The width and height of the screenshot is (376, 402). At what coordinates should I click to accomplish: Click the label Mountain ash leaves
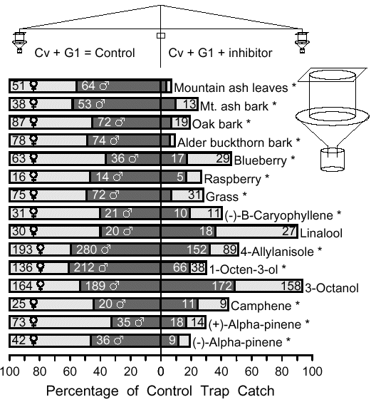pos(231,88)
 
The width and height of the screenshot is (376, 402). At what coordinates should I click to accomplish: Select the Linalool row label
pos(321,233)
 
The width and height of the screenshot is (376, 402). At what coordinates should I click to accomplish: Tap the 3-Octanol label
pos(332,288)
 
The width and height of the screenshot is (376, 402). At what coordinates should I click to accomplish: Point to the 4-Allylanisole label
pos(277,252)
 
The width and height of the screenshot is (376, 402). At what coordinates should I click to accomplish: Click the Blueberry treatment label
pos(260,161)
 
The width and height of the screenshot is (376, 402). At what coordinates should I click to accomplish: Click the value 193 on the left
pos(23,249)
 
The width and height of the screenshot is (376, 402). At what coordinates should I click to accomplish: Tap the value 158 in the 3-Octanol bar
pos(291,286)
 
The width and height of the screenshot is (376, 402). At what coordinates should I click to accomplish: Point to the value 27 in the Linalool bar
pos(289,231)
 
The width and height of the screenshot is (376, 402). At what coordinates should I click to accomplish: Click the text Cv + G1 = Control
pos(85,53)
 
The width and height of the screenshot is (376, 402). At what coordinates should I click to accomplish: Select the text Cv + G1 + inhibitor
pos(220,53)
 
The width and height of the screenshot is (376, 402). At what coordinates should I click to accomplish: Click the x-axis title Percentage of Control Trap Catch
pos(160,391)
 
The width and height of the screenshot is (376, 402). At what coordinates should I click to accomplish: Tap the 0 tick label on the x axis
pos(161,371)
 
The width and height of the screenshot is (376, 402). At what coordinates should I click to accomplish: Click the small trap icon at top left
pos(19,43)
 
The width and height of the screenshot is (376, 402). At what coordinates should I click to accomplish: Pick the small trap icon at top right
pos(302,43)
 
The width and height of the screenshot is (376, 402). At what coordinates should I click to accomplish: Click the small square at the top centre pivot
pos(161,36)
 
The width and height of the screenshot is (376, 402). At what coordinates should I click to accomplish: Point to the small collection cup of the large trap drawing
pos(333,160)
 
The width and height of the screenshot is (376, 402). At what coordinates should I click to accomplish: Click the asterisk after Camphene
pos(297,304)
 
